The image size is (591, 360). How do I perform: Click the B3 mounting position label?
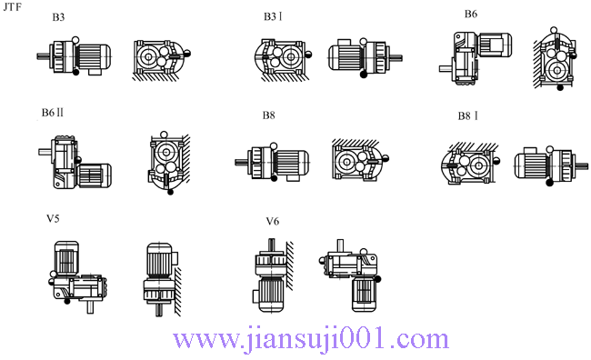coord(58,17)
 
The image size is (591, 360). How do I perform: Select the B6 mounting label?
coord(470,14)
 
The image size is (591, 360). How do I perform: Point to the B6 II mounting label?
coord(52,113)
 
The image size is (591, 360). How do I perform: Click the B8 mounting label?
coord(268,115)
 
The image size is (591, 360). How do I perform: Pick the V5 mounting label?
coord(54,218)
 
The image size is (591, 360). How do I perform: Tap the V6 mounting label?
coord(272,221)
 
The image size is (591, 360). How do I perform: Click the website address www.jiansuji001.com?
coord(311,340)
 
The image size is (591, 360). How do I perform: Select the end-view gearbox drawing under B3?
coord(160,59)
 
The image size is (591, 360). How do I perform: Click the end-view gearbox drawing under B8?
coord(357,164)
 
